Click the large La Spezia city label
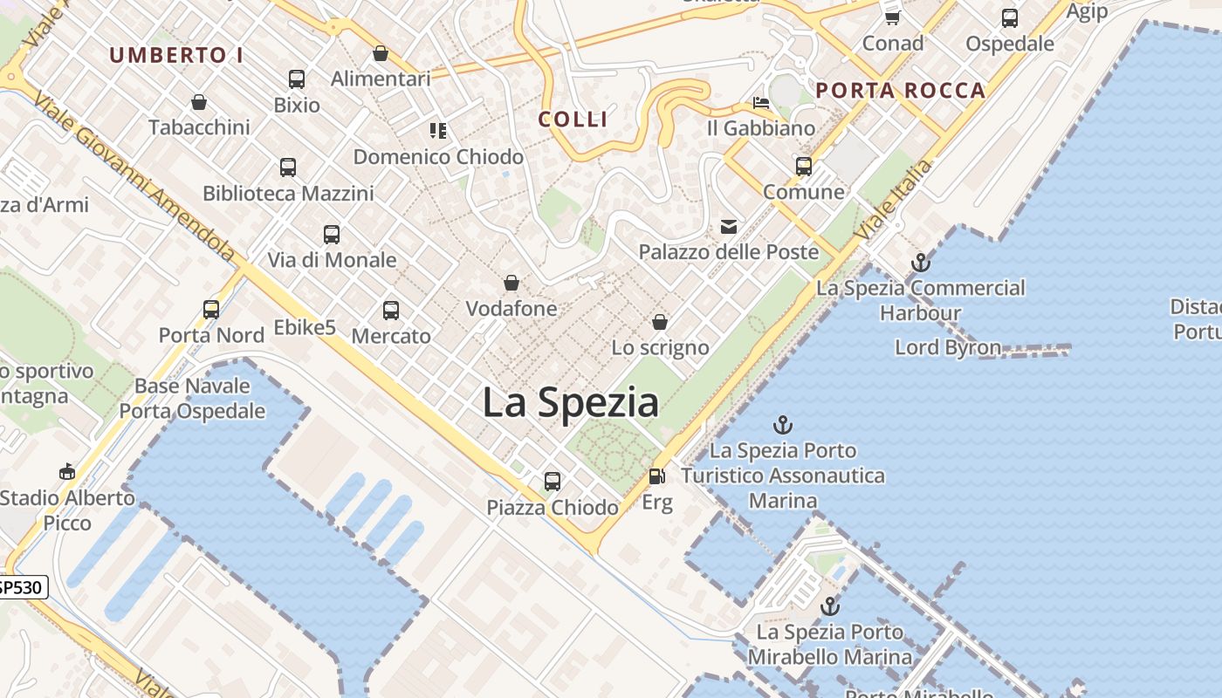[x=570, y=402]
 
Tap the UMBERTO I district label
[x=176, y=55]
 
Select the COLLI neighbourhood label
[x=573, y=120]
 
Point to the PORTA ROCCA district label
[x=901, y=90]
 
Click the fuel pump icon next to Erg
[x=656, y=476]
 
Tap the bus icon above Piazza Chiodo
[x=552, y=481]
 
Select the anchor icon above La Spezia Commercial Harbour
[x=920, y=262]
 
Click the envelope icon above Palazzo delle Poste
[x=728, y=227]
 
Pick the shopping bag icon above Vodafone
[x=511, y=283]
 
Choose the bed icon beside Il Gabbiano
[x=761, y=103]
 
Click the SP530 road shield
[x=21, y=587]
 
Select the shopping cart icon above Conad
[x=892, y=17]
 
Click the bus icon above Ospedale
[x=1009, y=17]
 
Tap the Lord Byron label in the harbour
[x=947, y=347]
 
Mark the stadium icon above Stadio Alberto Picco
[x=67, y=472]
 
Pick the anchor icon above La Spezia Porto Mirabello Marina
[x=829, y=606]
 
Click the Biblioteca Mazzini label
[x=288, y=193]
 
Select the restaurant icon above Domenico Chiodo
[x=438, y=131]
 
